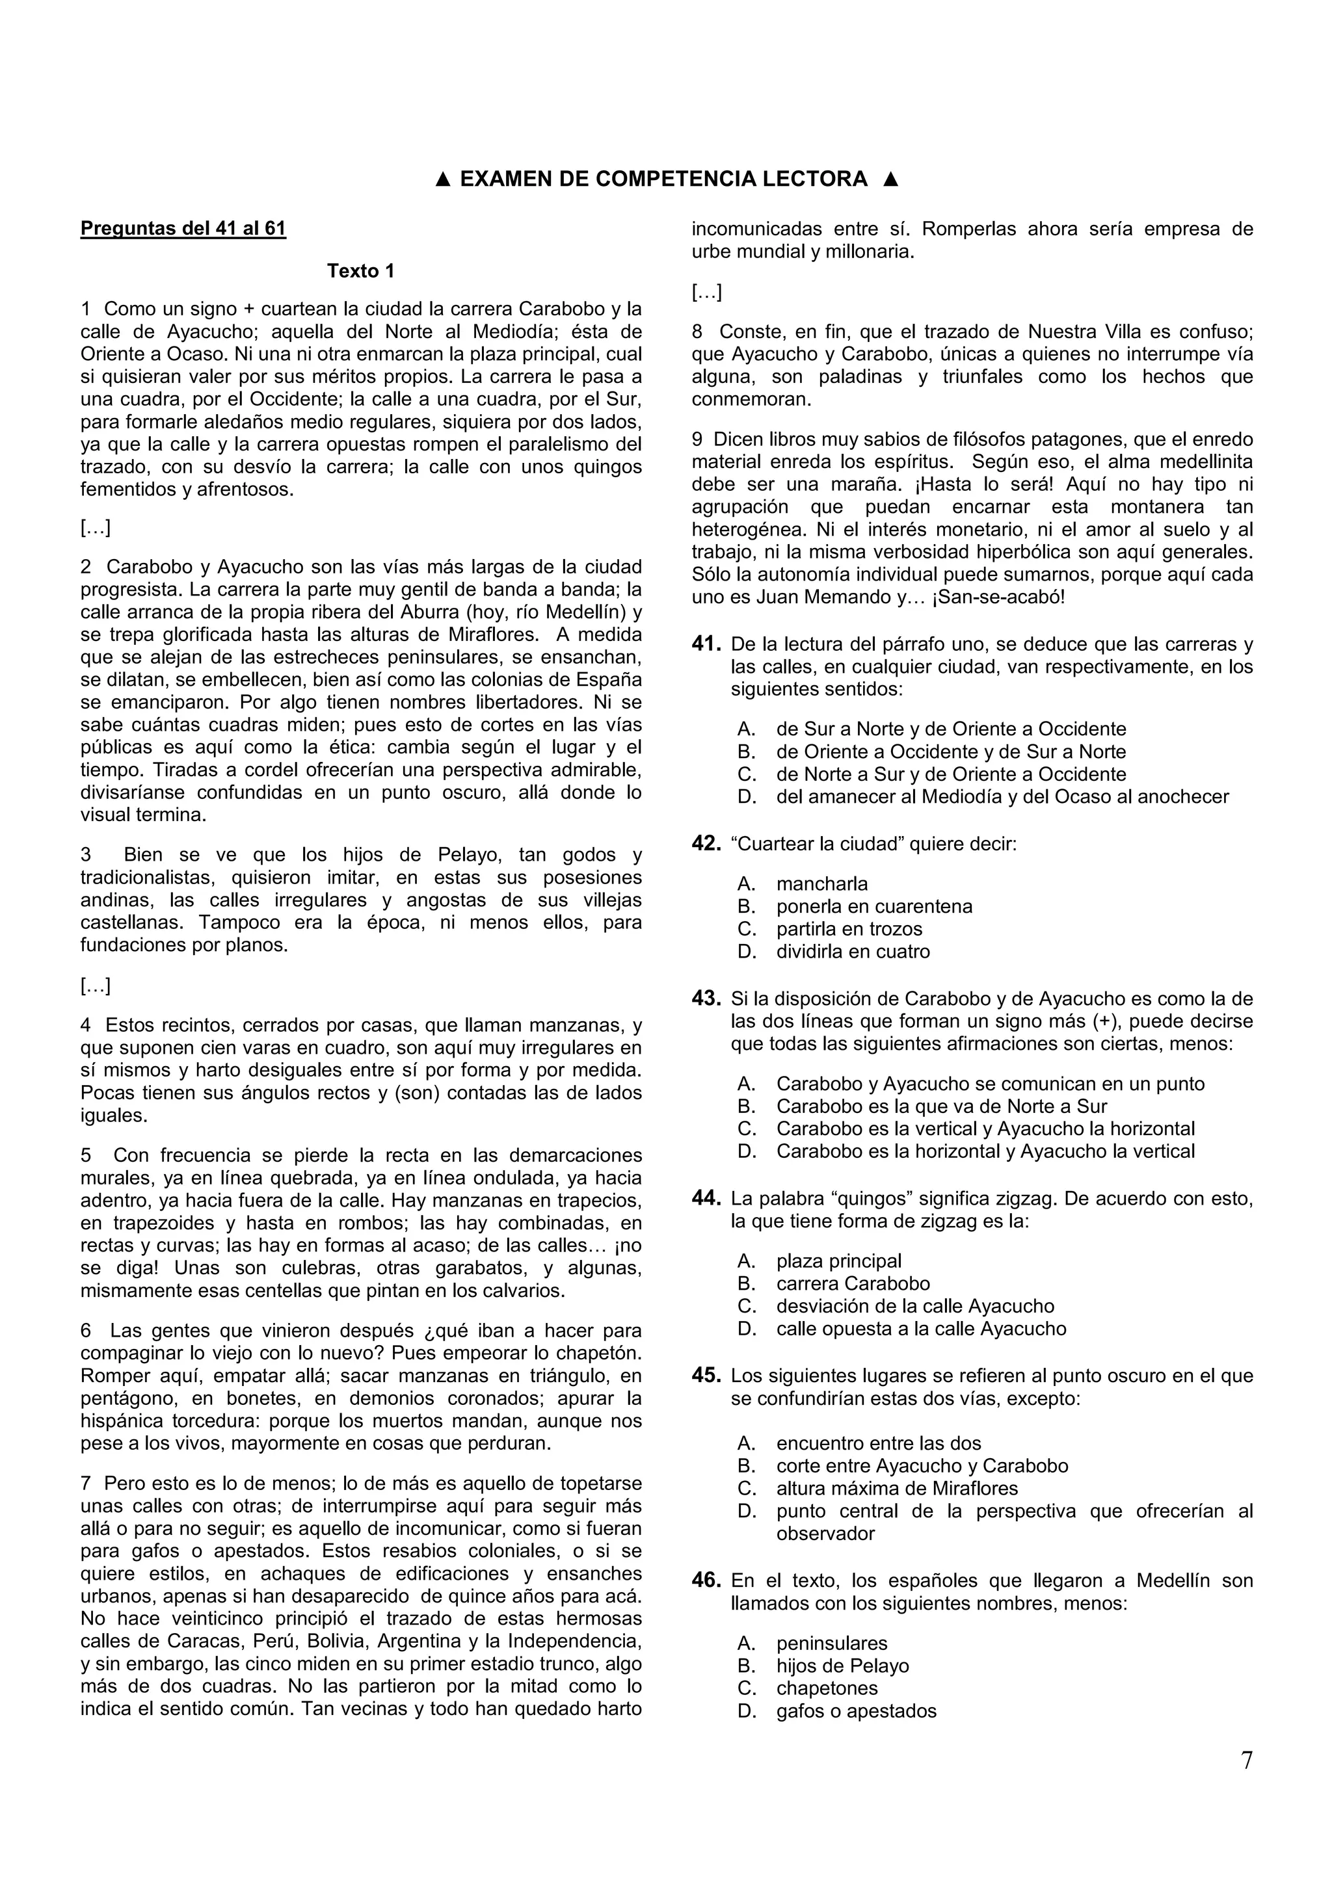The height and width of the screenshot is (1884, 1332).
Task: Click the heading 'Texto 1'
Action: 360,271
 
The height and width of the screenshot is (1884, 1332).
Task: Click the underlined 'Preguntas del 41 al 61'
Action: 183,228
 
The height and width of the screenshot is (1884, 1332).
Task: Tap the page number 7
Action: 1246,1784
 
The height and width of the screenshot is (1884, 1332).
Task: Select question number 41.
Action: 706,644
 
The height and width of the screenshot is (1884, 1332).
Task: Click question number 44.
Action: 706,1199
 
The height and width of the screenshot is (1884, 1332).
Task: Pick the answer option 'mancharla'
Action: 821,883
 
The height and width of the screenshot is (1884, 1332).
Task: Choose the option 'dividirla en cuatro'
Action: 853,952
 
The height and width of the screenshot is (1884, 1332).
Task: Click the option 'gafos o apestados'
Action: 856,1712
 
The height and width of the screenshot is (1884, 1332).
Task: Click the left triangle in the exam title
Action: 442,179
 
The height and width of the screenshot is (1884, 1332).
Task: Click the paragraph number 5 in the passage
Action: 86,1155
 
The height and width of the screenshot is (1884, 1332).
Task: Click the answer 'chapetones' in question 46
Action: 827,1689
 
